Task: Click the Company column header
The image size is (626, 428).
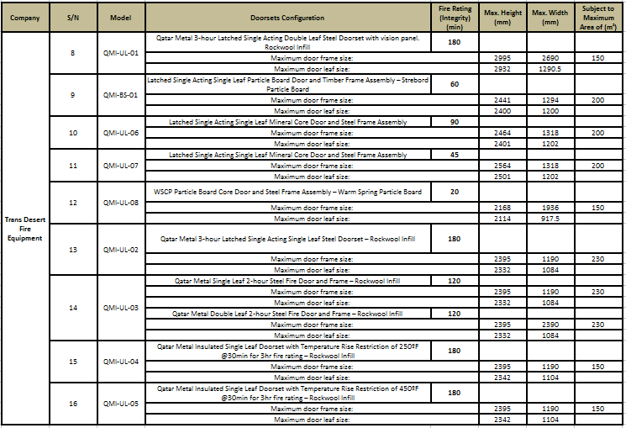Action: [x=25, y=17]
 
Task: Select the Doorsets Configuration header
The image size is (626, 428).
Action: [x=290, y=17]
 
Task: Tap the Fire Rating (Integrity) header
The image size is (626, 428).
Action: [x=454, y=17]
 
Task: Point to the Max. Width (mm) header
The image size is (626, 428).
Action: [x=550, y=17]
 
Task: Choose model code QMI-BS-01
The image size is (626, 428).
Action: [x=120, y=95]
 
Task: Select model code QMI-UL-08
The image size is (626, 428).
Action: [x=120, y=203]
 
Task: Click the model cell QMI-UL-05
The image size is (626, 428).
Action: [x=120, y=403]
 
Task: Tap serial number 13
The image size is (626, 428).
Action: [x=72, y=250]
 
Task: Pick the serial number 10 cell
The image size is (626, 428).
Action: [x=72, y=133]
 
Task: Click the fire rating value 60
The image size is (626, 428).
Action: [x=454, y=84]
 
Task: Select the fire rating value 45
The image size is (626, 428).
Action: [x=454, y=155]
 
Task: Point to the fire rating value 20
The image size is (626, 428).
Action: [x=454, y=192]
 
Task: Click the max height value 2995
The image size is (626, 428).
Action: [x=502, y=57]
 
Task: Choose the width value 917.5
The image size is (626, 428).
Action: [x=550, y=218]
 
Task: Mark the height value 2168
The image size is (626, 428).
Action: [x=502, y=208]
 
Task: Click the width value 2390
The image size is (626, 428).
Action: [x=550, y=324]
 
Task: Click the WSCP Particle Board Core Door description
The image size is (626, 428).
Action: [x=288, y=192]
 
